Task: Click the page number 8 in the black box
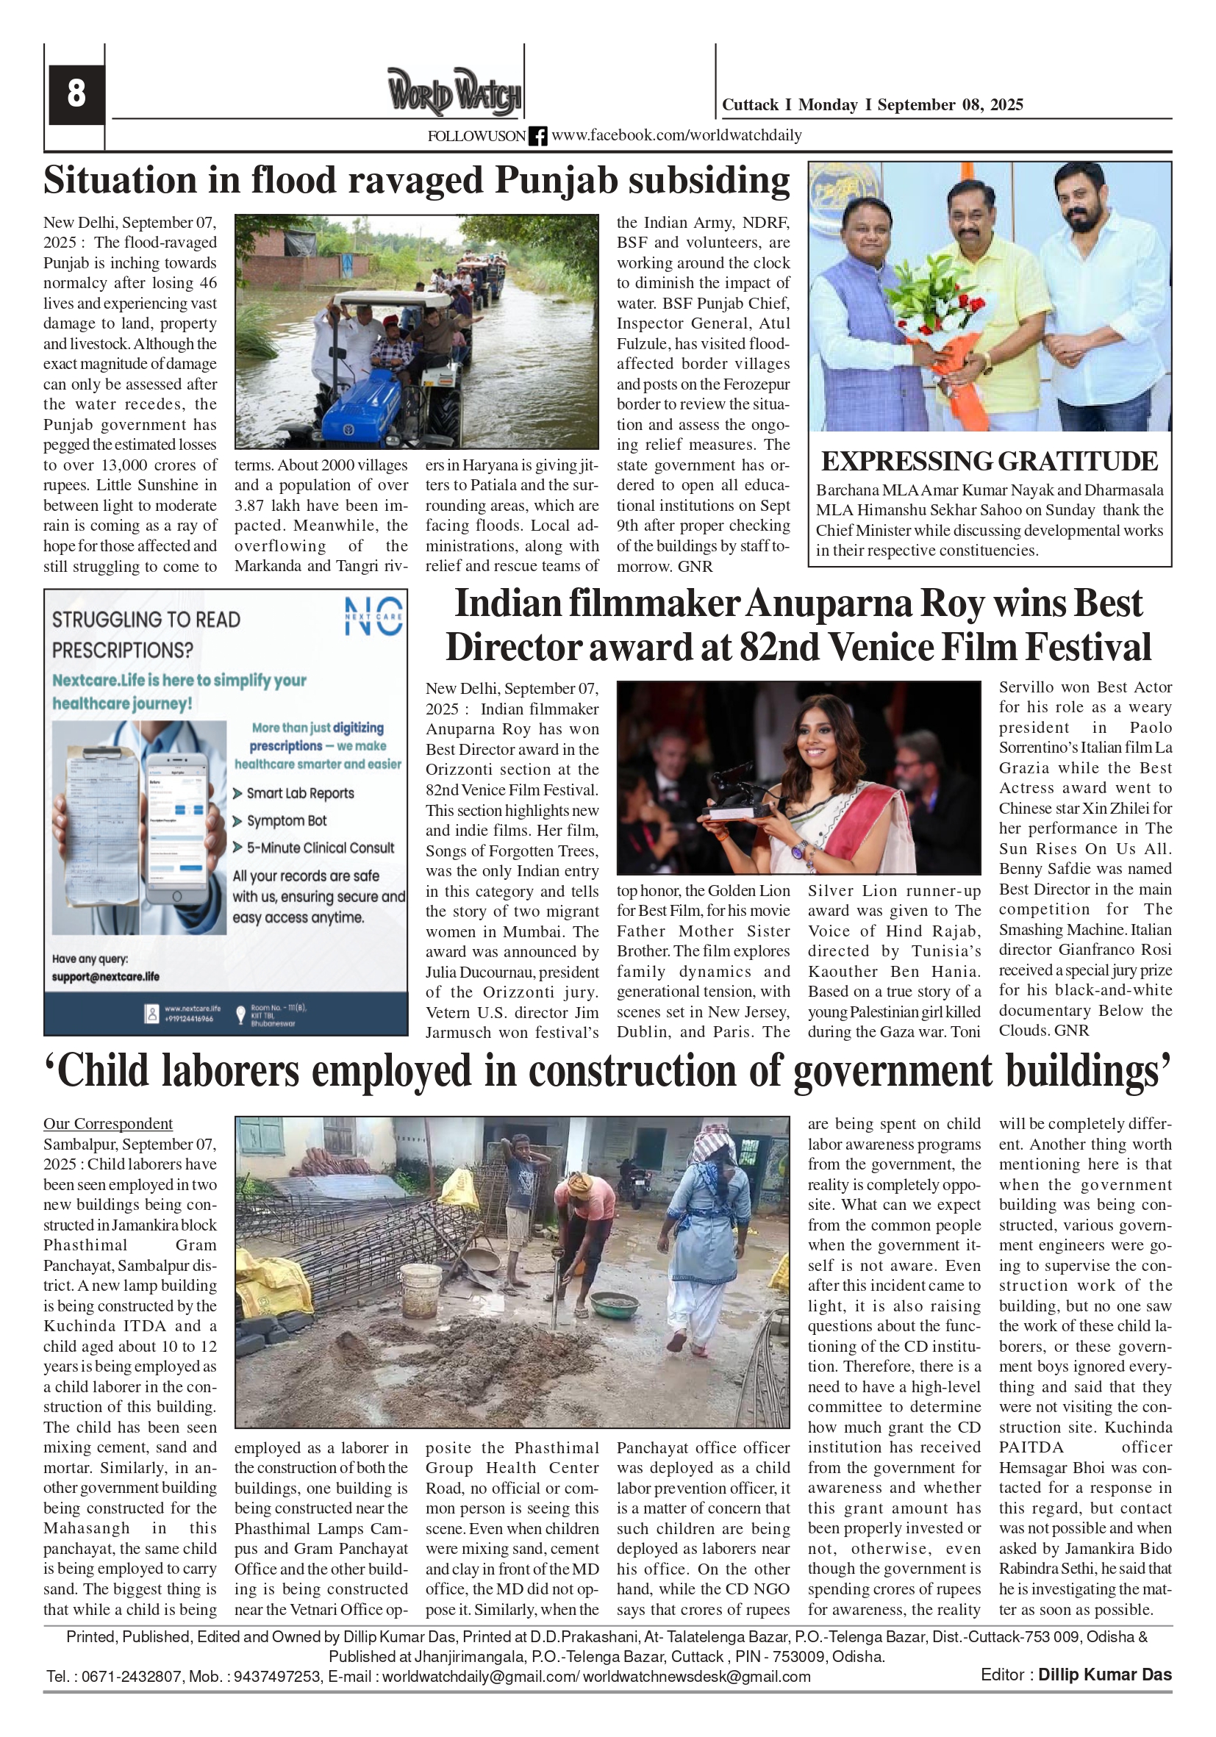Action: click(x=76, y=94)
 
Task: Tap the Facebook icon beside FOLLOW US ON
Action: click(x=537, y=136)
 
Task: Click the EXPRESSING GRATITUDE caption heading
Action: click(x=989, y=462)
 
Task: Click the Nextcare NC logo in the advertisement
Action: click(x=373, y=616)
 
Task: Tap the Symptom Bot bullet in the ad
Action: click(x=286, y=821)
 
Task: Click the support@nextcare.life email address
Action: click(x=105, y=977)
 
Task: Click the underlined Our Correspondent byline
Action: click(x=107, y=1123)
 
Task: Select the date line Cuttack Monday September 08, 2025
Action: click(x=872, y=105)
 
